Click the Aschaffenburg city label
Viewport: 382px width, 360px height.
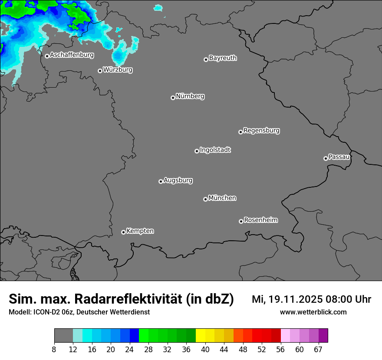tap(72, 55)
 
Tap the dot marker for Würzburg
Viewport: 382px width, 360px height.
tap(100, 71)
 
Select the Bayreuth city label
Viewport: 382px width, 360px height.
tap(223, 58)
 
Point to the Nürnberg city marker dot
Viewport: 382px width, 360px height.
tap(173, 98)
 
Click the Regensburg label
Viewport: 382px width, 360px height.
tap(261, 130)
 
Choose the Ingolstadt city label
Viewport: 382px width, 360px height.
tap(215, 150)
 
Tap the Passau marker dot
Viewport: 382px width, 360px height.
tap(326, 158)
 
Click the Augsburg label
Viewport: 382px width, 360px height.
tap(178, 180)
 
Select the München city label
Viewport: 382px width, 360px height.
tap(222, 198)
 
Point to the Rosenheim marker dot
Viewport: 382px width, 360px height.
tap(241, 222)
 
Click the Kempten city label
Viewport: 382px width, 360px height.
tap(140, 231)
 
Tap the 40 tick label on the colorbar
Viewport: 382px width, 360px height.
tap(205, 350)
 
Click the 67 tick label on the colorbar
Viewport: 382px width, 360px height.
tap(318, 350)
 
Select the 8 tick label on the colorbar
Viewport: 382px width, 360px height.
tap(54, 350)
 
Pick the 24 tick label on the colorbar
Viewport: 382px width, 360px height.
tap(130, 350)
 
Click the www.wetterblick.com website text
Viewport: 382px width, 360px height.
tap(313, 312)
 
